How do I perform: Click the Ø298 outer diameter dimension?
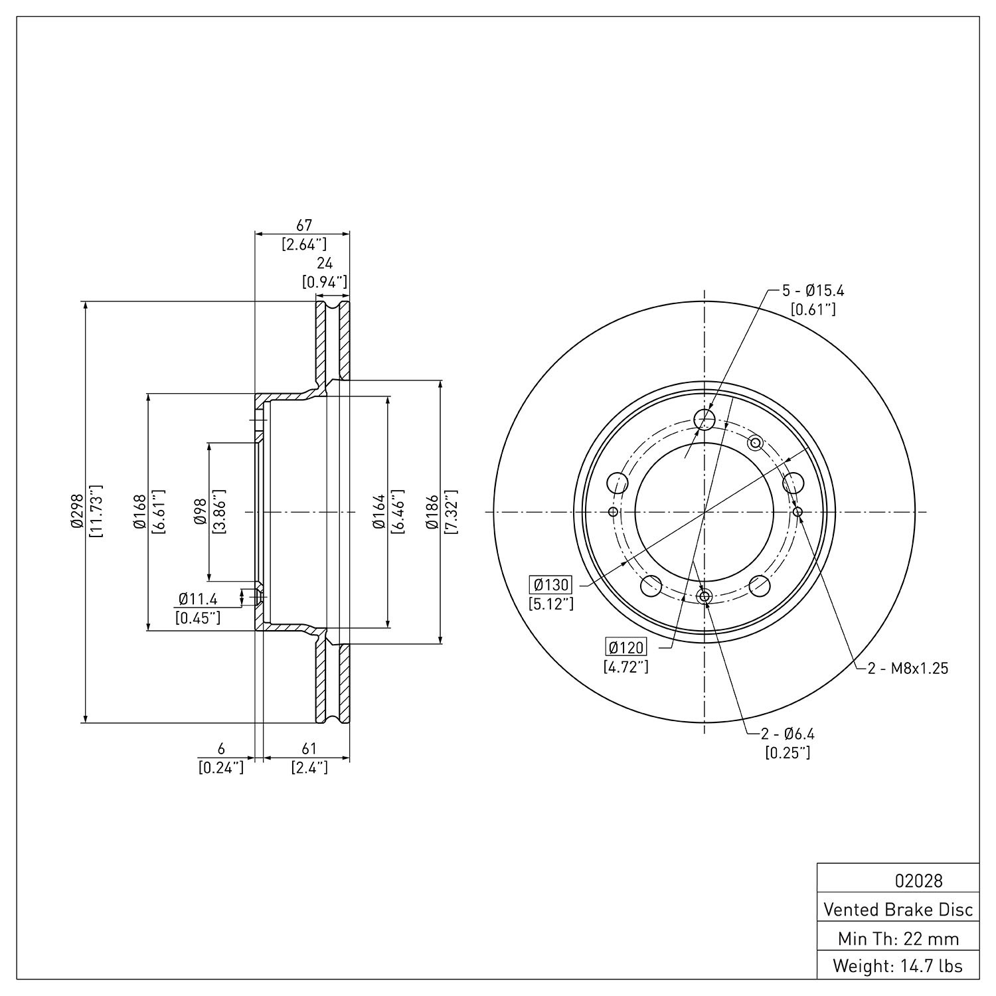click(76, 512)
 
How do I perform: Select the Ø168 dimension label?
click(139, 512)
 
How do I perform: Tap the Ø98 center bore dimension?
click(201, 512)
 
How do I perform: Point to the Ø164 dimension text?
click(379, 512)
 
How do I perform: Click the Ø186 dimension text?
click(432, 512)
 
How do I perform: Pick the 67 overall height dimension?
click(303, 226)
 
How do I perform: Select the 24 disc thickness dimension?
click(325, 264)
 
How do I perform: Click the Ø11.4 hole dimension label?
click(198, 600)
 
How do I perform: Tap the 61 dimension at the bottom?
click(309, 749)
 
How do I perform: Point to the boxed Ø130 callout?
click(550, 585)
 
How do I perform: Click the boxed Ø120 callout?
click(626, 647)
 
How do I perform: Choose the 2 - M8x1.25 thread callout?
click(908, 669)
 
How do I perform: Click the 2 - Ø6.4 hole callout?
click(788, 734)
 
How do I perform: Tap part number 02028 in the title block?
click(918, 881)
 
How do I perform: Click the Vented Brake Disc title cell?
click(898, 909)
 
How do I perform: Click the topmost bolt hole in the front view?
click(704, 419)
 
